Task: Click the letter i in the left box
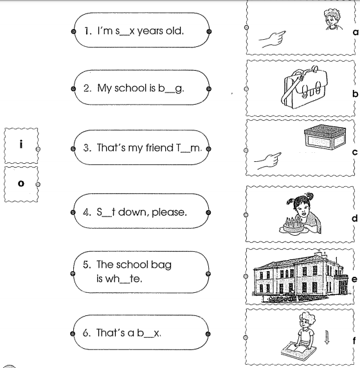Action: click(21, 144)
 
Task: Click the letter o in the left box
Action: click(21, 183)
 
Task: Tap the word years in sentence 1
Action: click(150, 31)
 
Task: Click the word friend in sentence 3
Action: click(159, 148)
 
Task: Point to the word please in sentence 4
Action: click(169, 213)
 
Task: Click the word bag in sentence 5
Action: click(161, 265)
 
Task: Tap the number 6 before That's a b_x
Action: click(85, 333)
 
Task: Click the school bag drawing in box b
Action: click(304, 87)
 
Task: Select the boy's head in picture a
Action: click(332, 19)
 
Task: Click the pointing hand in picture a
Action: click(272, 39)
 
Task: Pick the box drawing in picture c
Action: click(325, 137)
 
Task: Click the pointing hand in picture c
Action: click(267, 161)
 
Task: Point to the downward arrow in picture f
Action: click(327, 337)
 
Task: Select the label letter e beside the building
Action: click(354, 279)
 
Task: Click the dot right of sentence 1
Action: click(209, 31)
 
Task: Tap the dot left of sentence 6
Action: click(73, 334)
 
